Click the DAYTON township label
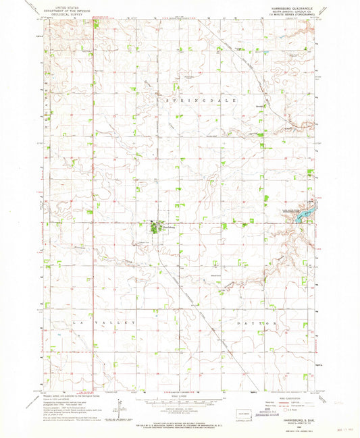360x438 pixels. (257, 324)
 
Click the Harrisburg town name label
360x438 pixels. (168, 227)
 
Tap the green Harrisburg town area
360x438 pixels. (156, 229)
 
